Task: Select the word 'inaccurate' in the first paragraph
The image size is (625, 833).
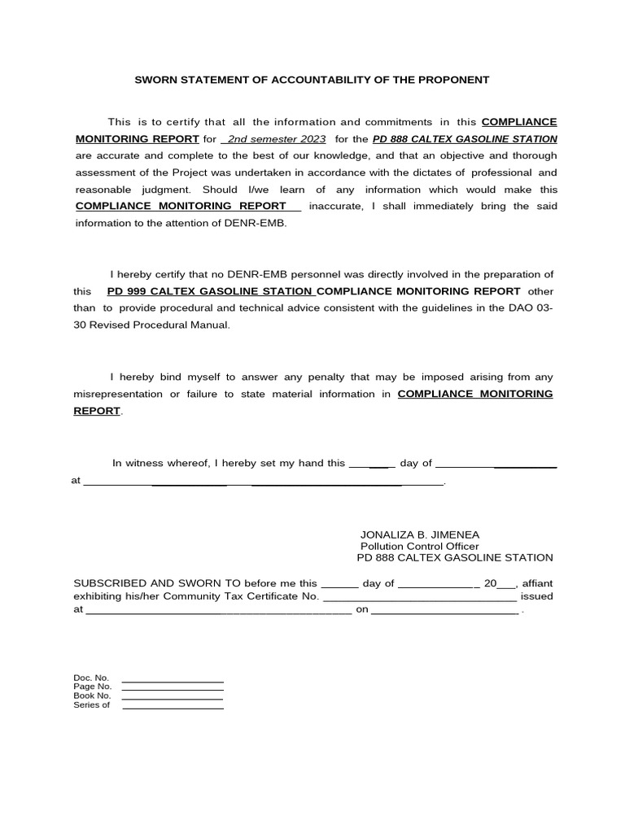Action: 336,206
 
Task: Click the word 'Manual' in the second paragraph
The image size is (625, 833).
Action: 209,325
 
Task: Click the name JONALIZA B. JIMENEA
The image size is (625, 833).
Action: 420,534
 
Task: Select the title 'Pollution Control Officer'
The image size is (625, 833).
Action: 419,546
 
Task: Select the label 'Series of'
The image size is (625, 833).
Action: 91,704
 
